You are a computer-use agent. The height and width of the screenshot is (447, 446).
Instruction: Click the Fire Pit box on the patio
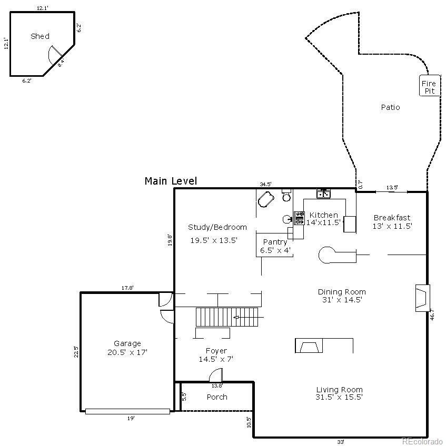click(429, 87)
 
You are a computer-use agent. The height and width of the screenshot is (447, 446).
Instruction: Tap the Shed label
click(40, 36)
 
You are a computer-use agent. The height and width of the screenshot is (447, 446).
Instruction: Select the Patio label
click(390, 107)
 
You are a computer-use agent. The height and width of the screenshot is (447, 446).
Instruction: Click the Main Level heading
click(171, 181)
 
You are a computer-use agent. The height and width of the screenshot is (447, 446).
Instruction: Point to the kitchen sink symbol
click(323, 194)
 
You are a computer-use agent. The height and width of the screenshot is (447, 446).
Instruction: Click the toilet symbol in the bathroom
click(286, 196)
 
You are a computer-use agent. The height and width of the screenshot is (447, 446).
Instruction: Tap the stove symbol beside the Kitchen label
click(299, 218)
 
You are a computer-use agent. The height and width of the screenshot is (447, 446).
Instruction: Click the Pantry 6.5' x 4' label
click(275, 246)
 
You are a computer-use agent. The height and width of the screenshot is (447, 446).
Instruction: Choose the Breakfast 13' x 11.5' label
click(392, 222)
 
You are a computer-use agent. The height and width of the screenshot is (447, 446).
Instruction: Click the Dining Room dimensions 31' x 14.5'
click(341, 300)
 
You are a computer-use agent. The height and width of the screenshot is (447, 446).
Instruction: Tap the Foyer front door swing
click(215, 375)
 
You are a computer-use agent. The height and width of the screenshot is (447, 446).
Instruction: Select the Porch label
click(217, 397)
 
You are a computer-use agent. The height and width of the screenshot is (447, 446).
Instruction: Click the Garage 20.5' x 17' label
click(127, 348)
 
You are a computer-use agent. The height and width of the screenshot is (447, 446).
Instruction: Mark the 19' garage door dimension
click(130, 418)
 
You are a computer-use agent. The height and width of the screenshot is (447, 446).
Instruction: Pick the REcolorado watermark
click(422, 441)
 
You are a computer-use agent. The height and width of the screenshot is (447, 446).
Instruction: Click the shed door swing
click(54, 54)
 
